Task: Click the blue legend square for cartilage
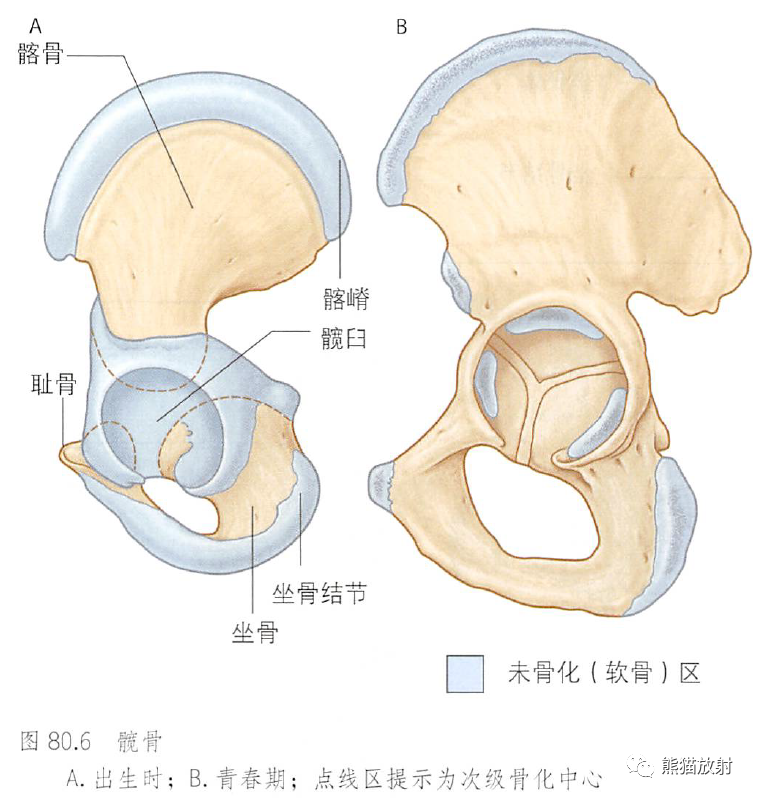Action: pos(465,673)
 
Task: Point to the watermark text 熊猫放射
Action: pos(696,767)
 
